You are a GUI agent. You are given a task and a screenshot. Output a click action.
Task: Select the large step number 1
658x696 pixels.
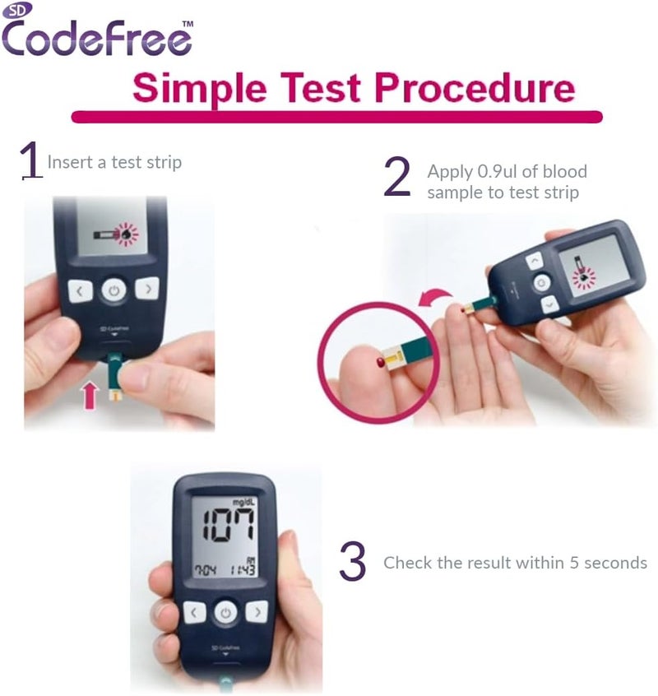(30, 160)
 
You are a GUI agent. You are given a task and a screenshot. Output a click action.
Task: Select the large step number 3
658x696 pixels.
(353, 563)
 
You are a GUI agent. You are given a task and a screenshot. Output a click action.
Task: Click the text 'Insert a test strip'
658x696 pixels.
(114, 162)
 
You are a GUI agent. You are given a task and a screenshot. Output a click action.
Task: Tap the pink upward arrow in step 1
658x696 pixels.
(90, 393)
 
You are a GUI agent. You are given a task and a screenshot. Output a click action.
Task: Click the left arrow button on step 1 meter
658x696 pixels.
(79, 290)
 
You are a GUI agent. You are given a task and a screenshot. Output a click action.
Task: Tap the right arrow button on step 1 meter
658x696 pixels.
(146, 289)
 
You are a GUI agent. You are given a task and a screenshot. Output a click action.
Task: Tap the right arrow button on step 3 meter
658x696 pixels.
(257, 611)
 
